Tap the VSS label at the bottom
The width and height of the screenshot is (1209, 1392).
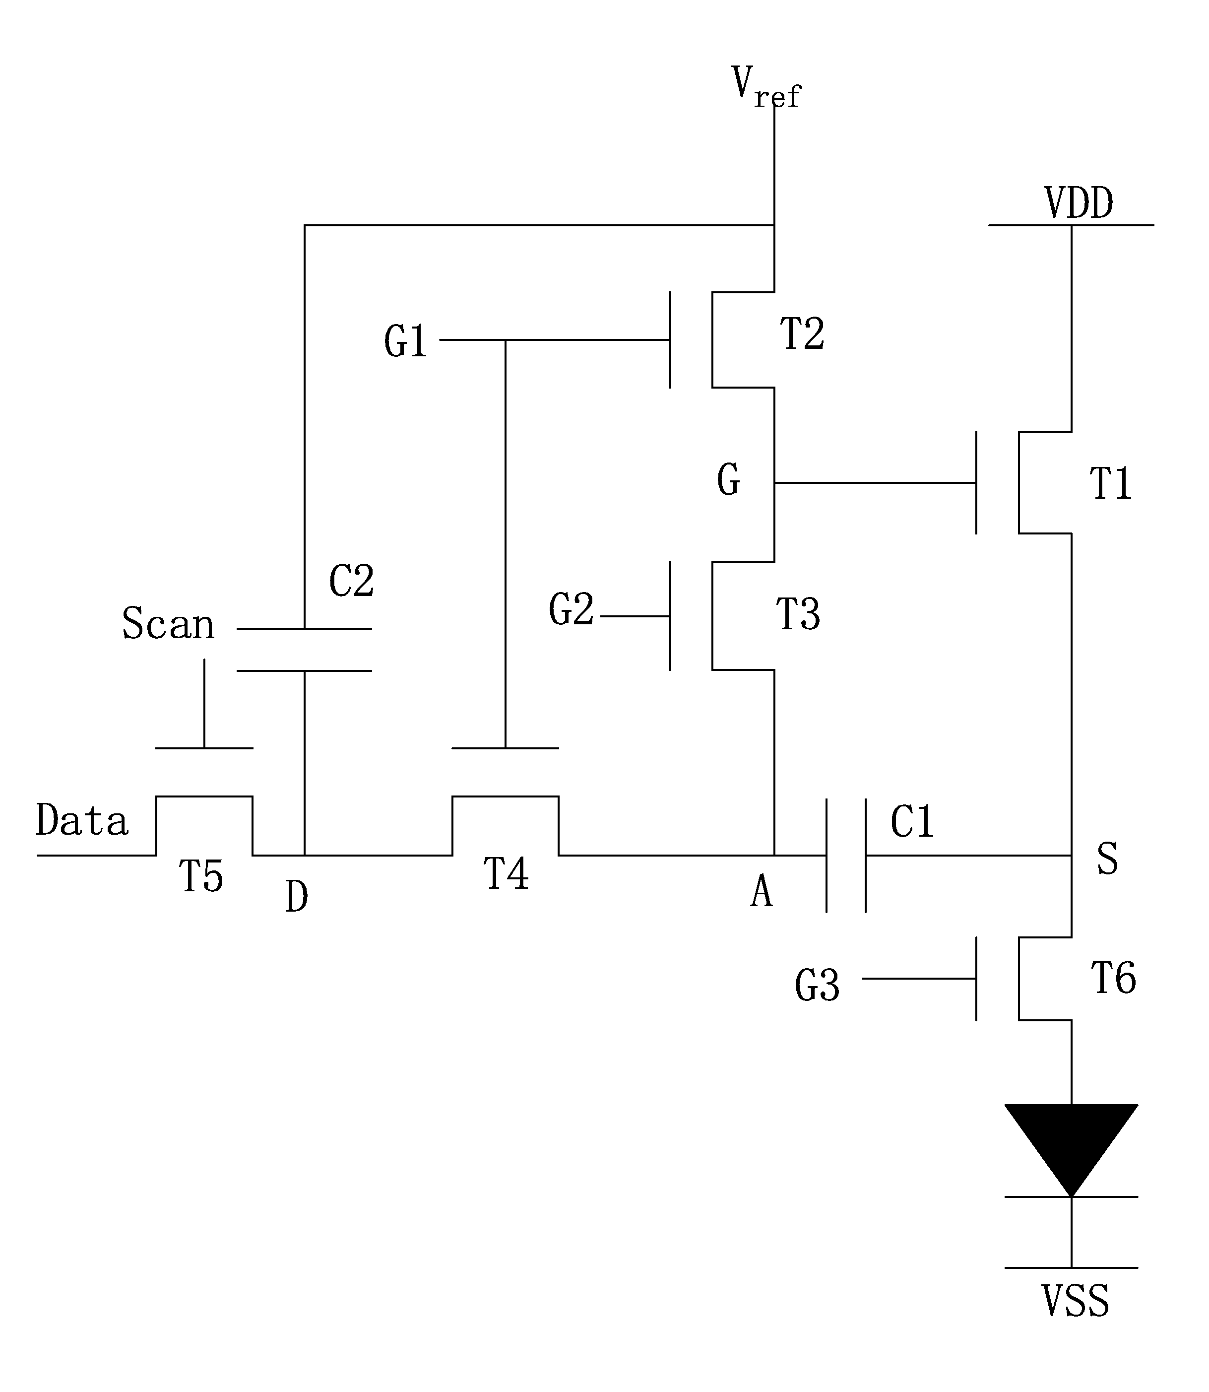1076,1302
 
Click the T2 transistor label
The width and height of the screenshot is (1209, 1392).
802,333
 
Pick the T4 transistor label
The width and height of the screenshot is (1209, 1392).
506,874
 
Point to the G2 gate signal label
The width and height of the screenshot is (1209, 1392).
572,609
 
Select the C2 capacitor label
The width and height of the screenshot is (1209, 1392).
352,581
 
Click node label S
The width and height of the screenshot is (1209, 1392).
1108,859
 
